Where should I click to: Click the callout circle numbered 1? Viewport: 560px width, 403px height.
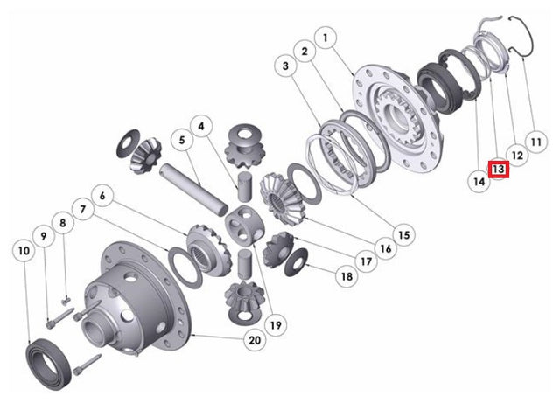[x=325, y=38]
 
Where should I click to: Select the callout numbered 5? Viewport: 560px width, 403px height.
[x=182, y=140]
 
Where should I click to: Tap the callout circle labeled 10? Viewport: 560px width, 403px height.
[x=24, y=251]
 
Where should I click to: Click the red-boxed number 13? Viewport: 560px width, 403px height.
[x=499, y=169]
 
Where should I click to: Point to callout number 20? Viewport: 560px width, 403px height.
[x=255, y=340]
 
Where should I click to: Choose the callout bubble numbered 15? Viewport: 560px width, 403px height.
[x=404, y=235]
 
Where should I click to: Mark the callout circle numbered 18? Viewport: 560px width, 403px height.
[x=346, y=276]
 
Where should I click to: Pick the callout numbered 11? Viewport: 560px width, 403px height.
[x=536, y=142]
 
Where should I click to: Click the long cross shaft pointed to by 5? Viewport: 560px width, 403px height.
[x=194, y=189]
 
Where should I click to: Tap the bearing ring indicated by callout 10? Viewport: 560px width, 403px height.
[x=49, y=364]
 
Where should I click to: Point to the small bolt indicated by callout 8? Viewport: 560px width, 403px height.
[x=66, y=302]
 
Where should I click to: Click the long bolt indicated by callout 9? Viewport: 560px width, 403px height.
[x=60, y=317]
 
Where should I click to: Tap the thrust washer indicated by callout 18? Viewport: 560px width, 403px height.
[x=296, y=261]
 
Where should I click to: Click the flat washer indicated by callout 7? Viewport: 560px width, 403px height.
[x=185, y=268]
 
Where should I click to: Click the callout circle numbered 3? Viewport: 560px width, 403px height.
[x=285, y=66]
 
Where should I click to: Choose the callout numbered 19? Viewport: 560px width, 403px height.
[x=276, y=325]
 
